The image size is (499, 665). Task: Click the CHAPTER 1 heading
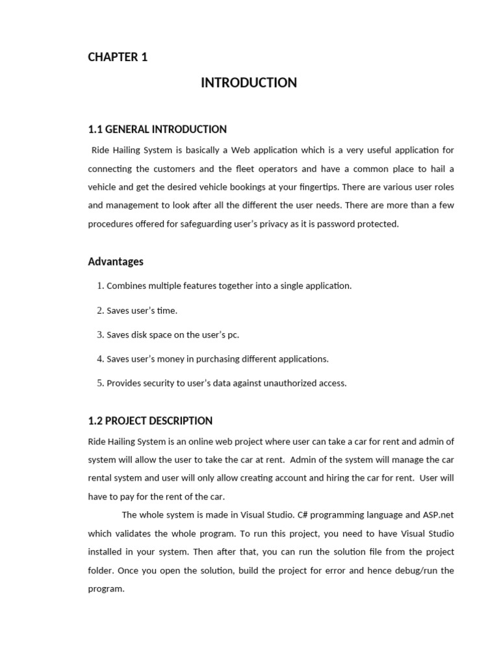click(x=118, y=57)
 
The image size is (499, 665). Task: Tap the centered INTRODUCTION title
click(x=249, y=82)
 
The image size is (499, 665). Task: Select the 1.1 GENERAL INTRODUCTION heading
click(x=157, y=129)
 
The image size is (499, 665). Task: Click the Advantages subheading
click(x=116, y=262)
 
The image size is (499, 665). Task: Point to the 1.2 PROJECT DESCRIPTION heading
click(x=150, y=421)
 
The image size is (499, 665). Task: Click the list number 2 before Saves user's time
click(x=100, y=310)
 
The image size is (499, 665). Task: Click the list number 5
click(x=100, y=383)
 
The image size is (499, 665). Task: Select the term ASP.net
click(x=435, y=516)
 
